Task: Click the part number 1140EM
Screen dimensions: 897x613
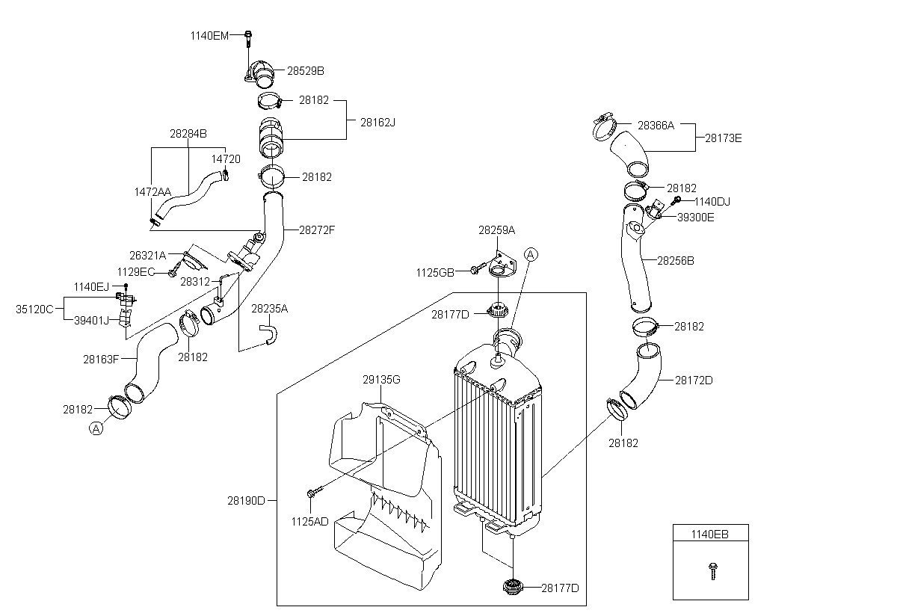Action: (209, 36)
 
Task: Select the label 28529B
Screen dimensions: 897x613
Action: (306, 71)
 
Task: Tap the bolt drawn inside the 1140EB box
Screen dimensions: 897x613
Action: (713, 571)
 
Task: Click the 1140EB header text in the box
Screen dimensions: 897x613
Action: (710, 534)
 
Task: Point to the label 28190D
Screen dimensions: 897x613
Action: (246, 500)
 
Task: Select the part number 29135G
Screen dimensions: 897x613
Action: (381, 380)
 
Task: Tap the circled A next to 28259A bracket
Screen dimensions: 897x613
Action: (531, 255)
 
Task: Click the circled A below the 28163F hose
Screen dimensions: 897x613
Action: (96, 428)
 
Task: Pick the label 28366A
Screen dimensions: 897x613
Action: (656, 126)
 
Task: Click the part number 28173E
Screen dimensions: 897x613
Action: (724, 138)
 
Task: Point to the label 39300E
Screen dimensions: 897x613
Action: (696, 218)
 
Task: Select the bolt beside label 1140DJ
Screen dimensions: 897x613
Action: (676, 200)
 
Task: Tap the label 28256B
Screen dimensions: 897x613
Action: (676, 261)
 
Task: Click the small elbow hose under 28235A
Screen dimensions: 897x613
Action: (270, 335)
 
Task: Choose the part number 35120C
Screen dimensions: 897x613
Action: (34, 309)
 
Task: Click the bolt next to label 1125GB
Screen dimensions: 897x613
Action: (478, 268)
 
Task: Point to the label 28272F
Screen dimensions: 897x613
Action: (317, 230)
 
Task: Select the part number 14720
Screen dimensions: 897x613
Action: (226, 159)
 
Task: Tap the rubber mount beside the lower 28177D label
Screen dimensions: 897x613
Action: (513, 587)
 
